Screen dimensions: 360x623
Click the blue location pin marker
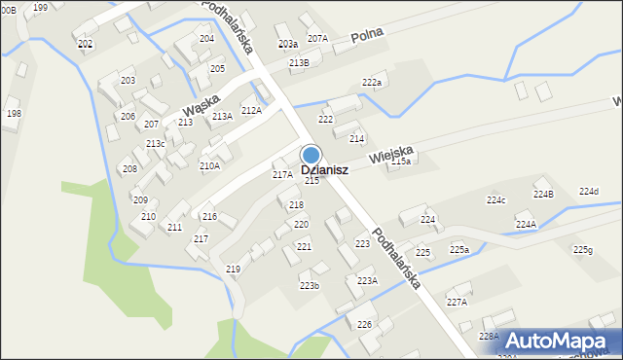click(x=311, y=155)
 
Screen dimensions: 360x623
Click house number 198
click(x=14, y=114)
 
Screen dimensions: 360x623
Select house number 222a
click(x=372, y=83)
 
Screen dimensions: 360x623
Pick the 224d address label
click(x=589, y=191)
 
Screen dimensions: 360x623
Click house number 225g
click(x=582, y=250)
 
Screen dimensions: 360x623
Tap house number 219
click(x=233, y=269)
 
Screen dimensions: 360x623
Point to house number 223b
click(x=310, y=285)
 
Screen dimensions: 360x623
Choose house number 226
click(x=364, y=324)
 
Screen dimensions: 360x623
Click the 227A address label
click(x=457, y=302)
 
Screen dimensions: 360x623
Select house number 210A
click(x=209, y=165)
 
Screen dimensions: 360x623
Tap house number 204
click(x=206, y=39)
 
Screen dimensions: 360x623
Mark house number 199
click(x=40, y=7)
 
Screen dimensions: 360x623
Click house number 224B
click(x=543, y=194)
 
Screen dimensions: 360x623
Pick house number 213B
click(x=299, y=62)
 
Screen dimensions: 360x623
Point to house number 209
click(x=140, y=199)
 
